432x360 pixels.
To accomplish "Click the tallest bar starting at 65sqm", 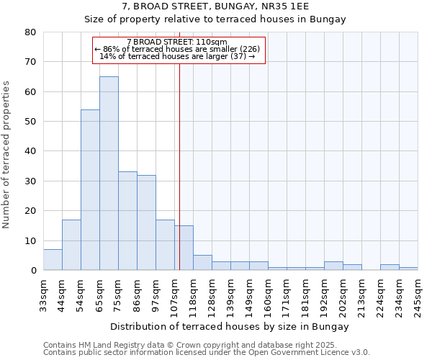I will [x=109, y=173].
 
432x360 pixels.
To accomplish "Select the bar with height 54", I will [x=90, y=190].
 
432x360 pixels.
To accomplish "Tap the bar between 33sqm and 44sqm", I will [x=53, y=259].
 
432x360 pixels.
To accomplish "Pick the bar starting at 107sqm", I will [x=184, y=248].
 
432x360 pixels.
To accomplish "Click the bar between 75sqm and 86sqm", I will [x=127, y=220].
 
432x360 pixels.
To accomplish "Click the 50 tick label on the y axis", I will [x=30, y=122].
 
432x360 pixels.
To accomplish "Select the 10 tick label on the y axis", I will [x=30, y=241].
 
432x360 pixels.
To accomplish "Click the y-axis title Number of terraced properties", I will [x=7, y=155].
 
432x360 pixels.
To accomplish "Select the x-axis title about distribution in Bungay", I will [x=230, y=326].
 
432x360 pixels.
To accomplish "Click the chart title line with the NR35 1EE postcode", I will [x=215, y=6].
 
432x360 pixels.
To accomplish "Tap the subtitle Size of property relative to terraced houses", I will [x=215, y=19].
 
